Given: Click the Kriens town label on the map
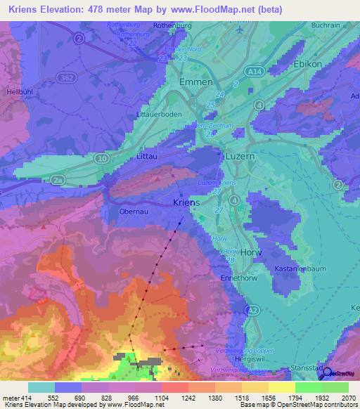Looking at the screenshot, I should coord(186,202).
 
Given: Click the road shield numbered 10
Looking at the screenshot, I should coord(103,160).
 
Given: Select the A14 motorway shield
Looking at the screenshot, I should coord(252,72).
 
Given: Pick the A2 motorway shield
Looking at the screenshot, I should coord(255,309).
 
